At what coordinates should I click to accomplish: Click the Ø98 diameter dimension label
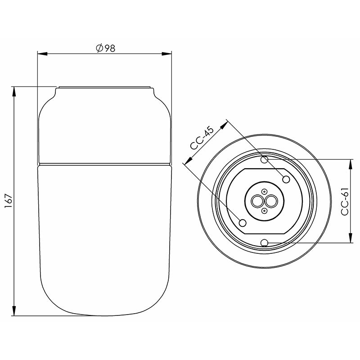coord(105,48)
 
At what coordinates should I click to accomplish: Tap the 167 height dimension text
coord(8,201)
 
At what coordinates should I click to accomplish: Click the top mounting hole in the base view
coord(265,160)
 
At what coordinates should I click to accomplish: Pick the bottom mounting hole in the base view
coord(265,243)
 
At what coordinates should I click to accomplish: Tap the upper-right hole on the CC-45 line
coord(286,179)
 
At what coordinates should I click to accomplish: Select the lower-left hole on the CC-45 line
coord(243,222)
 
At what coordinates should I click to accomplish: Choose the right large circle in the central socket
coord(271,201)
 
